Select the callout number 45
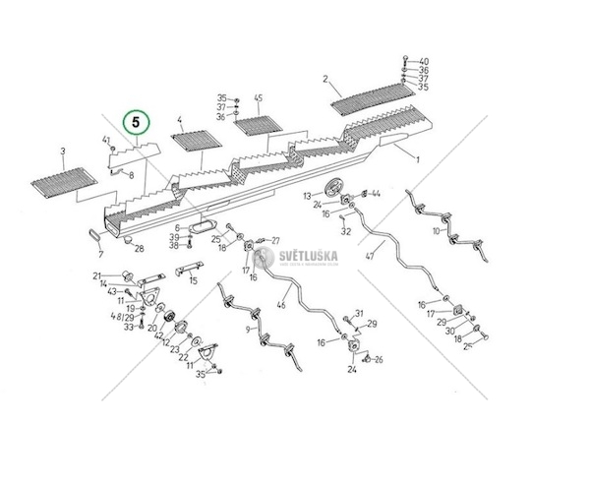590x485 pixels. (x=259, y=98)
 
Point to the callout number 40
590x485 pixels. (x=424, y=60)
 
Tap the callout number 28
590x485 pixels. (x=140, y=248)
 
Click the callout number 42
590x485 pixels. (x=159, y=335)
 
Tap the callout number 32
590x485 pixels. (x=346, y=232)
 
